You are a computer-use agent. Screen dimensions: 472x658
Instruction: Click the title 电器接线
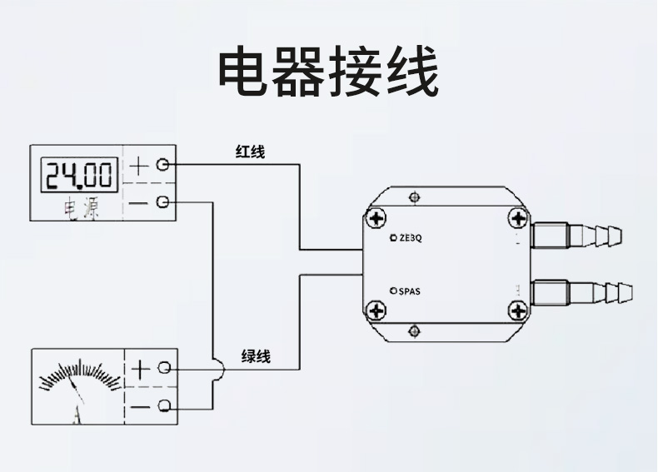pos(327,72)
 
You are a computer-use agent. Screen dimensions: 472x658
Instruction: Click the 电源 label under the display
pos(82,210)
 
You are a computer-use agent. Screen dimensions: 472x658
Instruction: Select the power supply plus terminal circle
pos(163,165)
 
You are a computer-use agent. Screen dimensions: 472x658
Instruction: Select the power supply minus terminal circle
pos(163,202)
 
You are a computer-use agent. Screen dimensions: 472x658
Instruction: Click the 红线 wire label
pos(249,152)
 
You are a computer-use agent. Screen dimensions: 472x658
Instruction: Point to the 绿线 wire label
pos(256,356)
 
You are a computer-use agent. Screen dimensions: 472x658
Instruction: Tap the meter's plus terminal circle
pos(165,367)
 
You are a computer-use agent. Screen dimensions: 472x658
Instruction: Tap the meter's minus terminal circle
pos(165,406)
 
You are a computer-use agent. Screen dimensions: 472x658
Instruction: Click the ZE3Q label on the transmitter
pos(411,238)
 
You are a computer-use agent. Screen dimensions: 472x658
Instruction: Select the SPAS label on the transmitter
pos(409,291)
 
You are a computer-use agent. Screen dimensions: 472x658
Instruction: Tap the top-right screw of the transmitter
pos(518,219)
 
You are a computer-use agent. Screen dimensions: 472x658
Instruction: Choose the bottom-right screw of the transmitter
pos(518,311)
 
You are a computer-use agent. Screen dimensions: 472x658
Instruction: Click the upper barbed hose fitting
pos(582,236)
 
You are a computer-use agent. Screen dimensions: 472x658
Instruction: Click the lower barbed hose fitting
pos(582,293)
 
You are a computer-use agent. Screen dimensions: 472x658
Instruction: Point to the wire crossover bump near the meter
pos(217,368)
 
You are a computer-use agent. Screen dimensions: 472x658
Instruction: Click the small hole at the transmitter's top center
pos(414,197)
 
